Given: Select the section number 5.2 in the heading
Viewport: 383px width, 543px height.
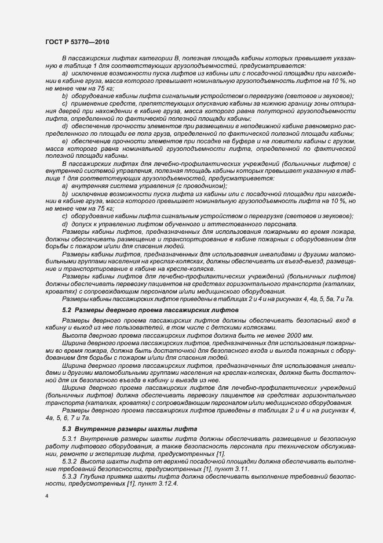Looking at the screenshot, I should point(67,311).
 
